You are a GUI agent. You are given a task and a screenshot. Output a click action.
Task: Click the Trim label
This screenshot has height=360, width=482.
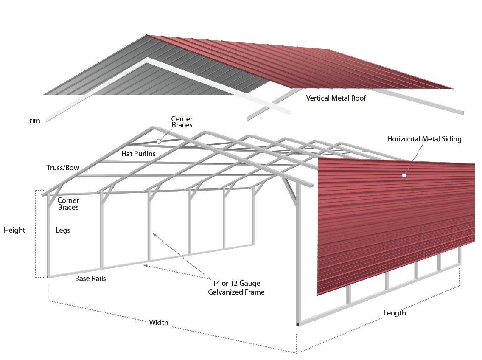(x=33, y=121)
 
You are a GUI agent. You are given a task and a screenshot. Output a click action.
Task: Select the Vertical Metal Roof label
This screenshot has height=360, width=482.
(x=336, y=98)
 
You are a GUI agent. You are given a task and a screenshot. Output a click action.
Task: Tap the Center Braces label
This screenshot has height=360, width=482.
(x=182, y=122)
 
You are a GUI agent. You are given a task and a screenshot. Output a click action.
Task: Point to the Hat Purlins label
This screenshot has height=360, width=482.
(x=138, y=153)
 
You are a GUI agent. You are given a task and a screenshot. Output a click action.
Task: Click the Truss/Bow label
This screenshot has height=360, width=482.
(x=63, y=168)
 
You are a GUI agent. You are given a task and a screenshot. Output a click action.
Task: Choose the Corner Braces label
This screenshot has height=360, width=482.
(x=68, y=204)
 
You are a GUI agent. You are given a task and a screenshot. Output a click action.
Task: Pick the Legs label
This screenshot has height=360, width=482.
(x=63, y=230)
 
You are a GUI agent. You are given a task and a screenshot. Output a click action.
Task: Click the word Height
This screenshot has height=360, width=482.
(x=14, y=230)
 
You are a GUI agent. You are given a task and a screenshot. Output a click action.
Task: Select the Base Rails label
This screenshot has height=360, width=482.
(x=90, y=279)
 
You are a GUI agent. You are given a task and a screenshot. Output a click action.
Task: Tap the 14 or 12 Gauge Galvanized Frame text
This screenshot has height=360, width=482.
(x=236, y=287)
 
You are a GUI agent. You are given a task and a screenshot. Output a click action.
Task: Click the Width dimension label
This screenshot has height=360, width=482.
(x=159, y=323)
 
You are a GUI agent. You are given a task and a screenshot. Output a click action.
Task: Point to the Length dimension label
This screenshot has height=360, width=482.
(x=395, y=313)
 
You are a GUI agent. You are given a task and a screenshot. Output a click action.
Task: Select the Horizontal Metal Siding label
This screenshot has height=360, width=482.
(x=424, y=139)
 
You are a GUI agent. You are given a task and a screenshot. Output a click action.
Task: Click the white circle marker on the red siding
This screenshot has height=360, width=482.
(x=404, y=175)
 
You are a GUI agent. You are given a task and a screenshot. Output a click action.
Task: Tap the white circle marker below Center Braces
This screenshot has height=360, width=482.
(x=159, y=141)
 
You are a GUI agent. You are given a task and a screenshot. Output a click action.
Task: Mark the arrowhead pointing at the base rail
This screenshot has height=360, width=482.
(x=145, y=265)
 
